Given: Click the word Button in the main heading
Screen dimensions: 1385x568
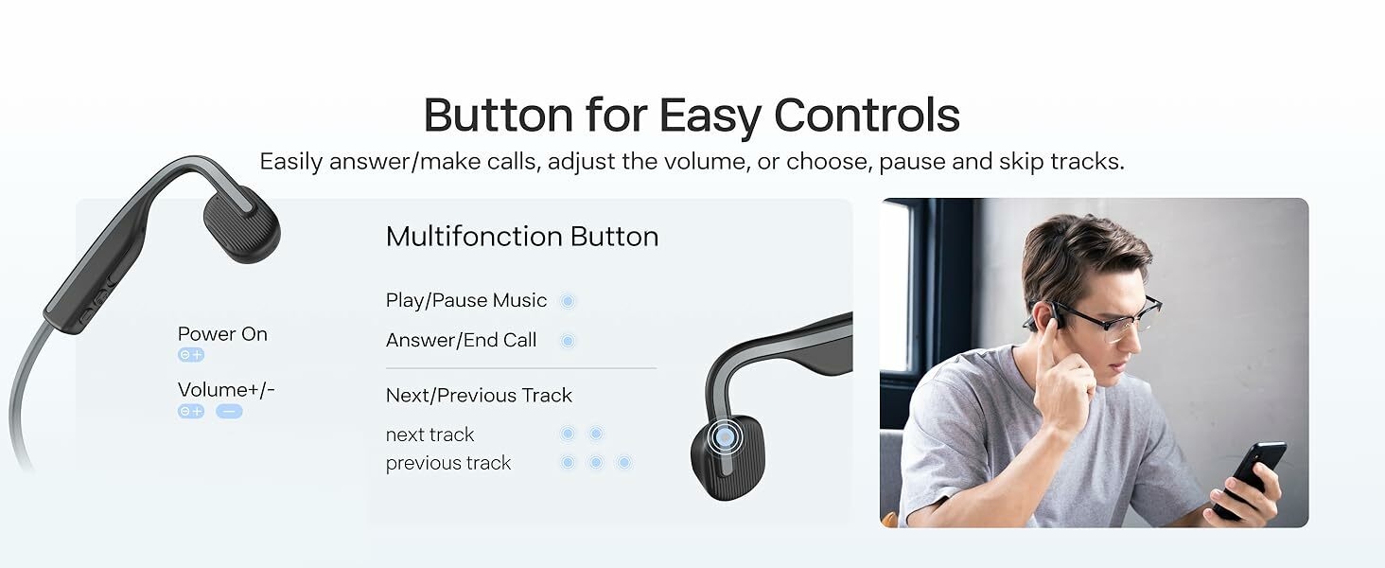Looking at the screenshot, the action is coord(499,115).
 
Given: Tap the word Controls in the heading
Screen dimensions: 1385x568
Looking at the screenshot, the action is coord(867,115).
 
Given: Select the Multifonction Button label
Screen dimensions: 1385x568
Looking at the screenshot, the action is coord(522,237).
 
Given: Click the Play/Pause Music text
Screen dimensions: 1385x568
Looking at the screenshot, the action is coord(466,300).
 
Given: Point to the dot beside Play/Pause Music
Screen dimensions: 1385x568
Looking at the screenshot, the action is coord(568,301).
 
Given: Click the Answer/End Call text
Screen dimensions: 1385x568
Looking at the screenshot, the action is coord(462,340).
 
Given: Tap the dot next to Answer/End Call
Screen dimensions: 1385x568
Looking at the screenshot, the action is coord(568,341).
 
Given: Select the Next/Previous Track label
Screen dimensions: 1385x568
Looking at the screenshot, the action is coord(480,396).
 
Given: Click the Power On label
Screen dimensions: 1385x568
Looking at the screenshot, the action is coord(222,334).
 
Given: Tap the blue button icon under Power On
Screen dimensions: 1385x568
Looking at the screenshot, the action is coord(191,355).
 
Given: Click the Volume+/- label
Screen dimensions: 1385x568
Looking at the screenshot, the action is coord(226,390).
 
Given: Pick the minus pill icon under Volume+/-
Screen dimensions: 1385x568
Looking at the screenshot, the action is coord(229,412).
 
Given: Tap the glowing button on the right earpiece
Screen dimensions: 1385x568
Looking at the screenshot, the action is coord(725,437).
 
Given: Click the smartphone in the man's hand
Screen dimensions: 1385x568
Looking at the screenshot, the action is coord(1249,479).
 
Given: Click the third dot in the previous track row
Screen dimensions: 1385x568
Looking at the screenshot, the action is coord(624,462).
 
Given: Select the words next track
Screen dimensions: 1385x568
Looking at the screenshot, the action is coord(430,435).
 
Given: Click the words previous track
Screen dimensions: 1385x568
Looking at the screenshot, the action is coord(448,463).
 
